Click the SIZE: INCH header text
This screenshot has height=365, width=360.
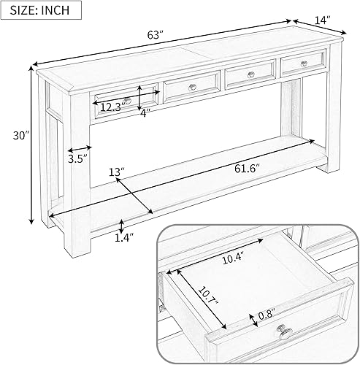41,11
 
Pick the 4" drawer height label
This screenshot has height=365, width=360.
145,112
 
